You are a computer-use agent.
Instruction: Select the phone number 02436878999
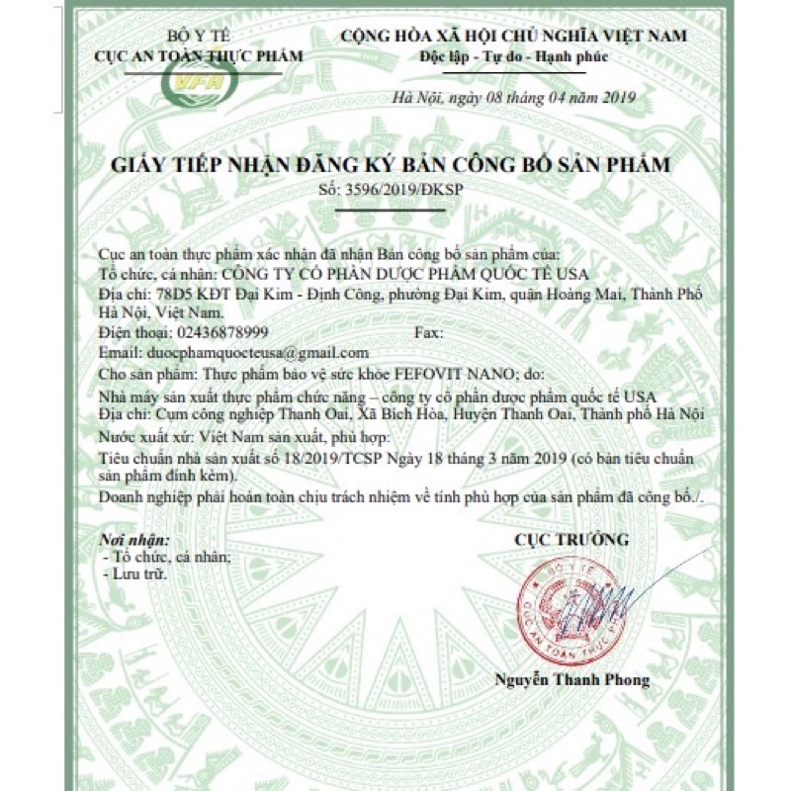(220, 332)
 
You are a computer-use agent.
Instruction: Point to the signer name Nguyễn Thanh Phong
(572, 679)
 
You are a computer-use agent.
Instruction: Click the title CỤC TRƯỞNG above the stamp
(571, 540)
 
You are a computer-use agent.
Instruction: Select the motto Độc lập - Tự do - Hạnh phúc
(513, 56)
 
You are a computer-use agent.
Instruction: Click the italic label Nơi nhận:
(135, 541)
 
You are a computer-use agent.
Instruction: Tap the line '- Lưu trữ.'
(136, 572)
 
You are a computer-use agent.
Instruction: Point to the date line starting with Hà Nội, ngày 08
(513, 97)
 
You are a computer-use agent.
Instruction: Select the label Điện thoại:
(135, 332)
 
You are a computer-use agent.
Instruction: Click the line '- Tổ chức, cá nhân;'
(167, 557)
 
